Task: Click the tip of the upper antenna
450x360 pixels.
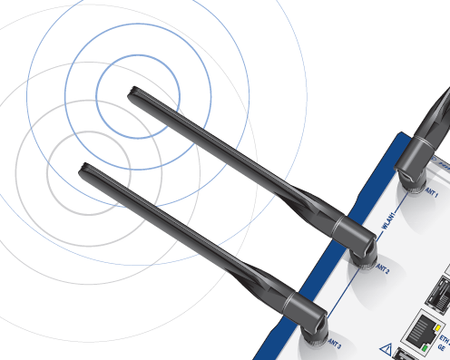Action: pyautogui.click(x=132, y=92)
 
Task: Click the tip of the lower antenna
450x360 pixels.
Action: pyautogui.click(x=85, y=168)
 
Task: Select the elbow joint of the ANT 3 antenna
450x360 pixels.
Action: pyautogui.click(x=313, y=319)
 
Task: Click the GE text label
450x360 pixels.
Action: pyautogui.click(x=442, y=345)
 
